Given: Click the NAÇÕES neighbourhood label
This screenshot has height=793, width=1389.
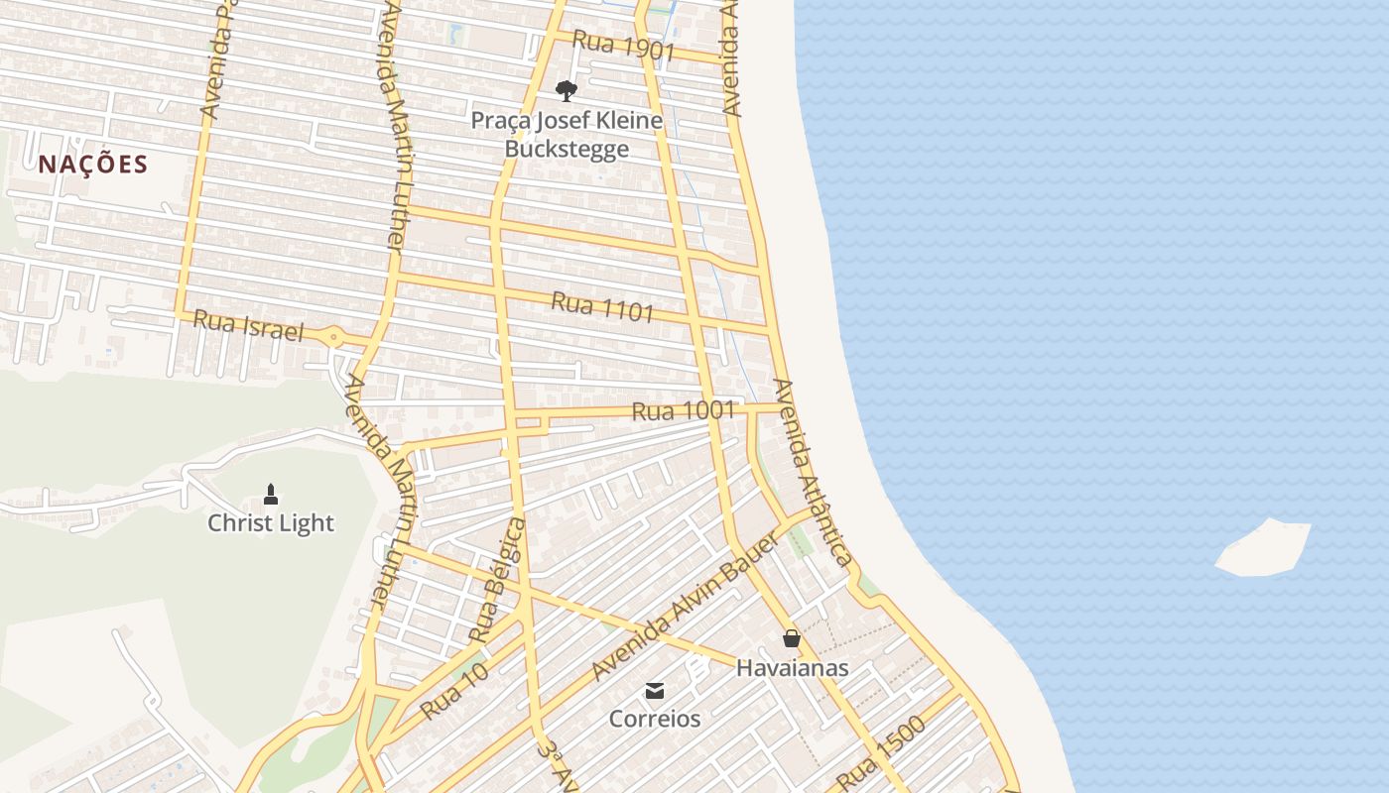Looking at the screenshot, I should [x=93, y=165].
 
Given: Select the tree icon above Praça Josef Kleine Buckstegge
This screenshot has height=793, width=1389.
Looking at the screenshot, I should [x=567, y=91].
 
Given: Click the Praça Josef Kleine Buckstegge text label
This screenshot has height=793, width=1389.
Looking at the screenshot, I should [x=567, y=135].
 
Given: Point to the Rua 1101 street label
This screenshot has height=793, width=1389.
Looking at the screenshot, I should [x=602, y=306].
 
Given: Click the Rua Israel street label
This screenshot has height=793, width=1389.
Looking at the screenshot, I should [x=248, y=325].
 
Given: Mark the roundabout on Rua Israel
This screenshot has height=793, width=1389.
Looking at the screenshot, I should [x=334, y=338].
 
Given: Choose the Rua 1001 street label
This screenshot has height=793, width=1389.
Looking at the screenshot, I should [x=683, y=409].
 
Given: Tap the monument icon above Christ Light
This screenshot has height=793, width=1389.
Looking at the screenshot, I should [x=270, y=494].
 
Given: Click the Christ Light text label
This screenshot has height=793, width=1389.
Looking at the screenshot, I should [x=271, y=523].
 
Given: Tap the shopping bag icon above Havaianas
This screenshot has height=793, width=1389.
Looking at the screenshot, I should [x=792, y=638].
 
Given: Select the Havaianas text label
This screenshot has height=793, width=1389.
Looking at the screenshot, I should [x=792, y=668].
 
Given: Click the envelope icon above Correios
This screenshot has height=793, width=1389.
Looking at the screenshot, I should [x=655, y=690].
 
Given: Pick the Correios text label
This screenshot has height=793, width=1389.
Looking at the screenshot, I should [x=655, y=719].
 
